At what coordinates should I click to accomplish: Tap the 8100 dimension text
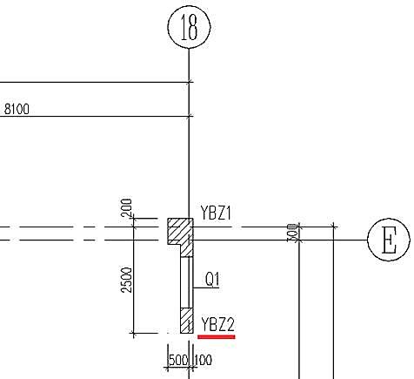[17, 109]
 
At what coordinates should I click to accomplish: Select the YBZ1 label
[216, 213]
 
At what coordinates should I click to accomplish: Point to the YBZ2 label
[217, 324]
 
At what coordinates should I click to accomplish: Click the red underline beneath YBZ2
[217, 337]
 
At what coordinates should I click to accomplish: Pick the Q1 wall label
[212, 280]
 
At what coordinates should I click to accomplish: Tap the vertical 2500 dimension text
[127, 280]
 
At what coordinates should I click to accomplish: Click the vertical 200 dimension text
[127, 207]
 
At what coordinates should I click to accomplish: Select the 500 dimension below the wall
[177, 361]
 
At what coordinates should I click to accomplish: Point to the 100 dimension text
[204, 361]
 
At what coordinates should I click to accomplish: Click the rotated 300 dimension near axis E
[292, 233]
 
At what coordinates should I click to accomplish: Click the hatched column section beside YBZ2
[187, 321]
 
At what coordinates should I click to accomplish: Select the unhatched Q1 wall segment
[187, 282]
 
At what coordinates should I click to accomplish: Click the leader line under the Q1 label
[206, 288]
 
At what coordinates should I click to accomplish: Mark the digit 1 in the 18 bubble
[184, 27]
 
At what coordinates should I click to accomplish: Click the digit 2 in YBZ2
[230, 324]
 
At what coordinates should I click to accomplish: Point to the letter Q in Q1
[210, 280]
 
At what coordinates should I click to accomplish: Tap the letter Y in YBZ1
[204, 213]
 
